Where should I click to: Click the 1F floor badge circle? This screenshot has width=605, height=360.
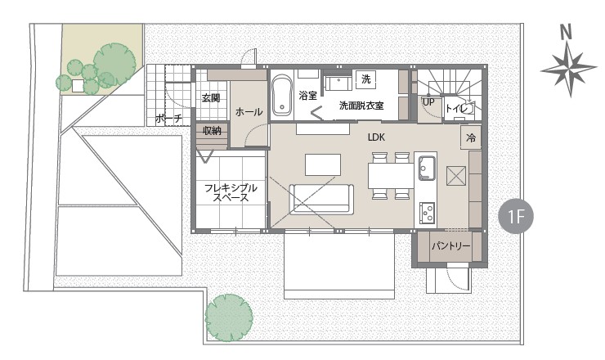[x=516, y=216]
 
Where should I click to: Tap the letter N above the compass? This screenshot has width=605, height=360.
[x=566, y=32]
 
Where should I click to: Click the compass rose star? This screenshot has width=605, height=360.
[x=569, y=70]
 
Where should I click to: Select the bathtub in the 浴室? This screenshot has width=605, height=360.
[x=282, y=96]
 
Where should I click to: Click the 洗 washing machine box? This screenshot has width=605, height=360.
[x=365, y=79]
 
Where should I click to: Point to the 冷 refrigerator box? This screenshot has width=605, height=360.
[x=471, y=137]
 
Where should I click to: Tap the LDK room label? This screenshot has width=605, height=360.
[x=376, y=137]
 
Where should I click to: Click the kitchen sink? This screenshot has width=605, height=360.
[x=426, y=168]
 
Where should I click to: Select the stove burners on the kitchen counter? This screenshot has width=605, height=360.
[x=427, y=212]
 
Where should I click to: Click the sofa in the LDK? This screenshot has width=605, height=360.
[x=321, y=200]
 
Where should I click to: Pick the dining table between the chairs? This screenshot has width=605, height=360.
[x=391, y=176]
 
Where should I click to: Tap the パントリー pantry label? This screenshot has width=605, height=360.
[x=450, y=245]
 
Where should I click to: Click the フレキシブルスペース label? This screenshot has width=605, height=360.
[x=231, y=192]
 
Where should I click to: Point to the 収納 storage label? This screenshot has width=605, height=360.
[x=212, y=131]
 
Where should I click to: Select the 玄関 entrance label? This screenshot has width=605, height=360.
[x=211, y=98]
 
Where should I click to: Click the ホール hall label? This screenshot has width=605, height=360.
[x=249, y=112]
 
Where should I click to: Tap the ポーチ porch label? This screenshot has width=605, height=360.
[x=168, y=118]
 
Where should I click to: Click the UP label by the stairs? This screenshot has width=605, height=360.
[x=428, y=102]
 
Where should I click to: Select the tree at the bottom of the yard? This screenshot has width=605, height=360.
[x=229, y=317]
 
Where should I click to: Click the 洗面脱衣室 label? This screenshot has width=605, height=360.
[x=361, y=106]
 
